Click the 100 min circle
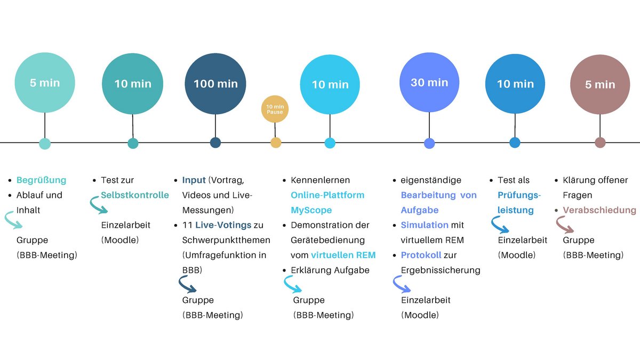click(x=215, y=84)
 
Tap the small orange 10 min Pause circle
click(x=275, y=109)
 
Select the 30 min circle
click(x=429, y=82)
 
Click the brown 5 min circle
click(x=600, y=85)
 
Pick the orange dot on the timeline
click(x=276, y=142)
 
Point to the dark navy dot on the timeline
click(x=215, y=142)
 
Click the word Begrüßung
click(x=42, y=180)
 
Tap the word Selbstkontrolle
click(x=135, y=195)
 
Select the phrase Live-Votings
click(x=223, y=225)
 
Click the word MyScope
click(x=311, y=210)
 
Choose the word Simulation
click(x=425, y=225)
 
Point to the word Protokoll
click(x=421, y=255)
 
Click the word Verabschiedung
click(x=599, y=210)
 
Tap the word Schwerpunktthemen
click(x=226, y=241)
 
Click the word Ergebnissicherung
click(x=441, y=270)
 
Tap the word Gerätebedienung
click(x=327, y=241)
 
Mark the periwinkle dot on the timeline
click(x=429, y=143)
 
